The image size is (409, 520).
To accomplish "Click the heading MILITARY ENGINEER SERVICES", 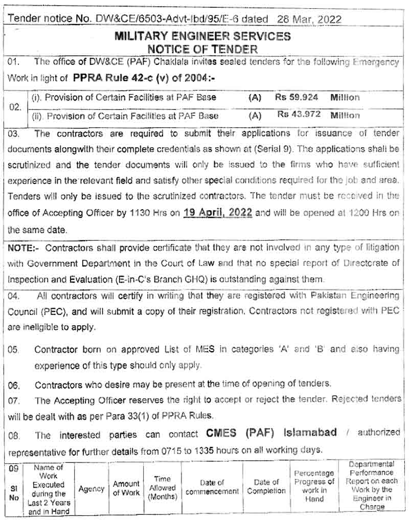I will pos(202,37).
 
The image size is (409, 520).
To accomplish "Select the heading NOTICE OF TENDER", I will pos(202,49).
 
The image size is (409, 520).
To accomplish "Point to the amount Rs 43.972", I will pos(299,115).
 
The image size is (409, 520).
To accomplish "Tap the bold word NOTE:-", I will pos(23,247).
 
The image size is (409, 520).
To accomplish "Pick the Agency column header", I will pos(92,489).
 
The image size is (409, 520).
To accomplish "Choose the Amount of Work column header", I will pos(126,488).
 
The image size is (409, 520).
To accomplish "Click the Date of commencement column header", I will pos(212,487).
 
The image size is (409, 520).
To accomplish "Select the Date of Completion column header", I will pos(266,487).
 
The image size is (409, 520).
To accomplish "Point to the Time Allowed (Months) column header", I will pos(163,487).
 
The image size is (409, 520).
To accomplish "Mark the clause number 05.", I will pos(13,350).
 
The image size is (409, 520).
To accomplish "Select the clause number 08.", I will pos(14,435).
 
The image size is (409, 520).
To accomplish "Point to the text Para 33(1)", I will pos(148,415).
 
